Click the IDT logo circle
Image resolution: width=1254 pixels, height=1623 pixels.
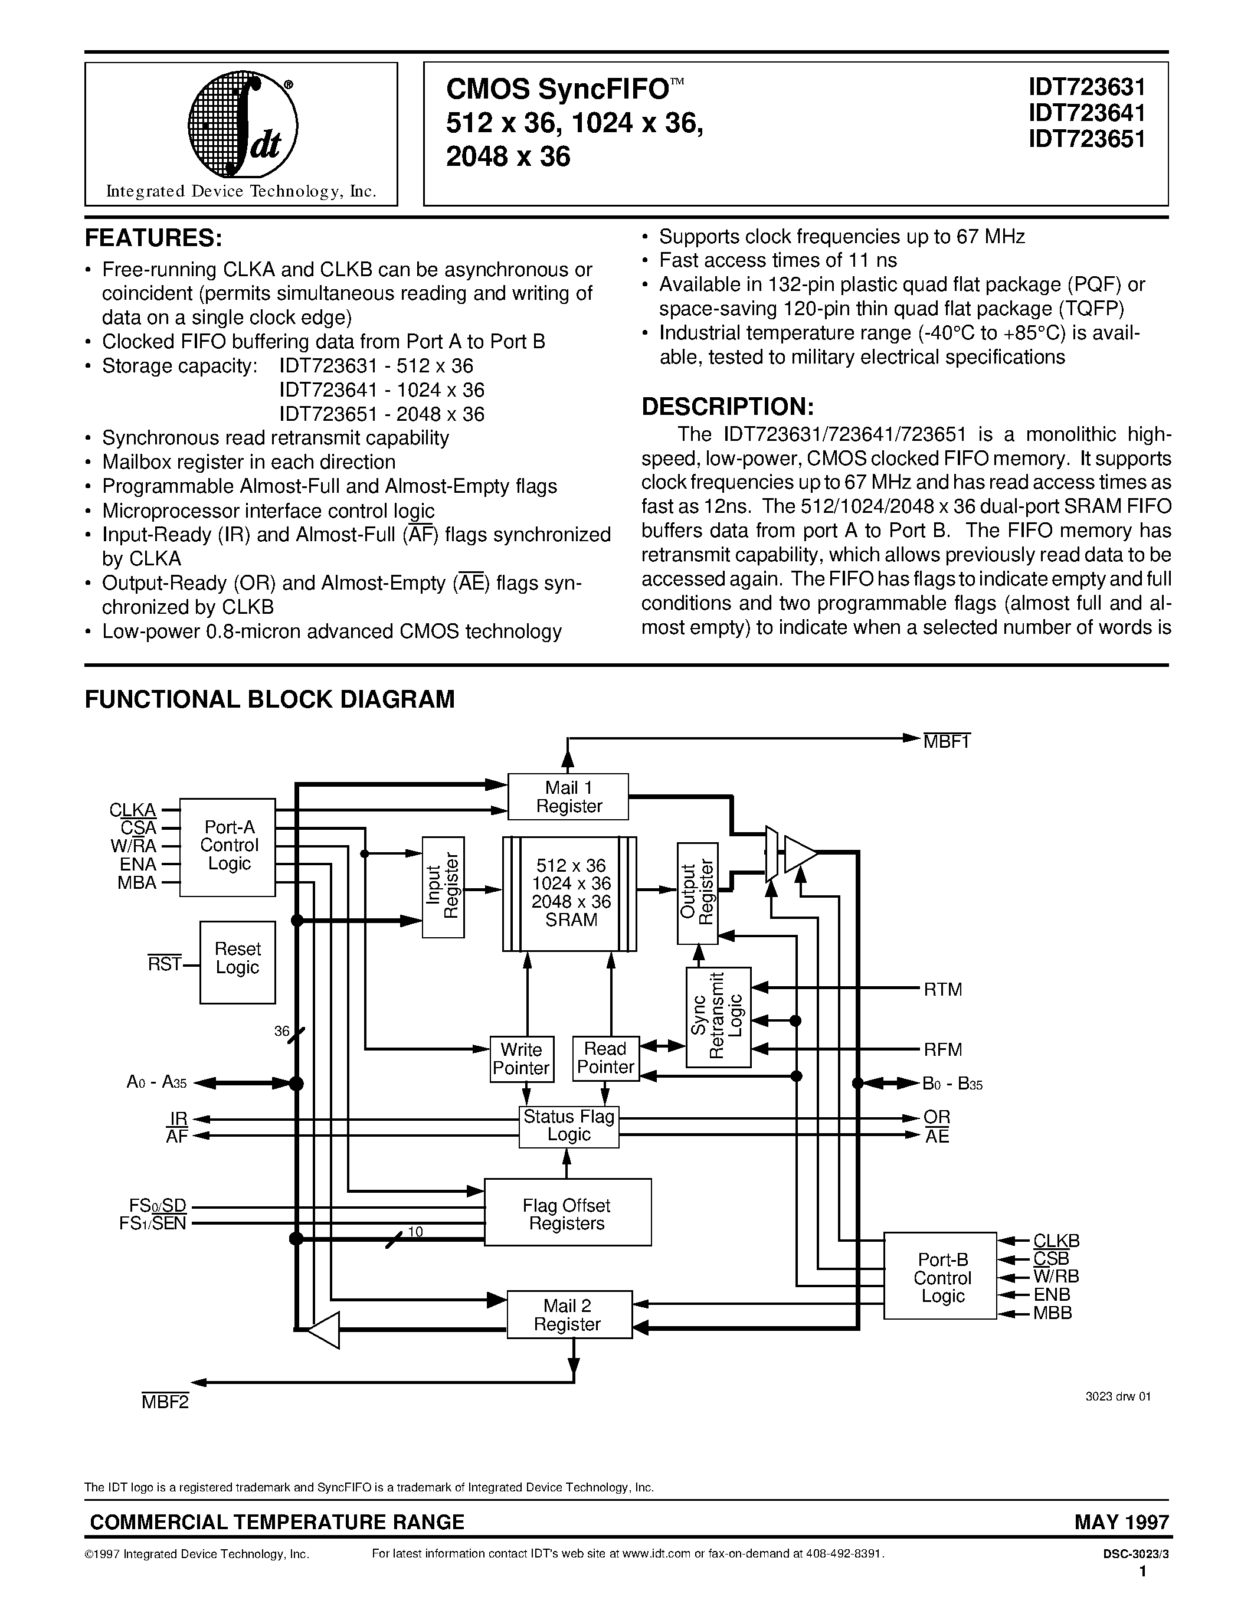click(x=242, y=126)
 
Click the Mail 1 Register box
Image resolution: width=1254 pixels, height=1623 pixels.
click(x=568, y=797)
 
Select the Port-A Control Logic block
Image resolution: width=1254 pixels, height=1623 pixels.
click(x=228, y=846)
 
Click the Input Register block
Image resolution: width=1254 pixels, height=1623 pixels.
click(x=444, y=886)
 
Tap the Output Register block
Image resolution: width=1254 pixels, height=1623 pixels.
click(x=698, y=892)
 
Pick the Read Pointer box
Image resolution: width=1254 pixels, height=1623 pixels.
click(x=605, y=1058)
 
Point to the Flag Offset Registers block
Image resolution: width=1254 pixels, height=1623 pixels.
click(x=568, y=1213)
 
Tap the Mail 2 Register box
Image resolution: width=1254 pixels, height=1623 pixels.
click(x=569, y=1314)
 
